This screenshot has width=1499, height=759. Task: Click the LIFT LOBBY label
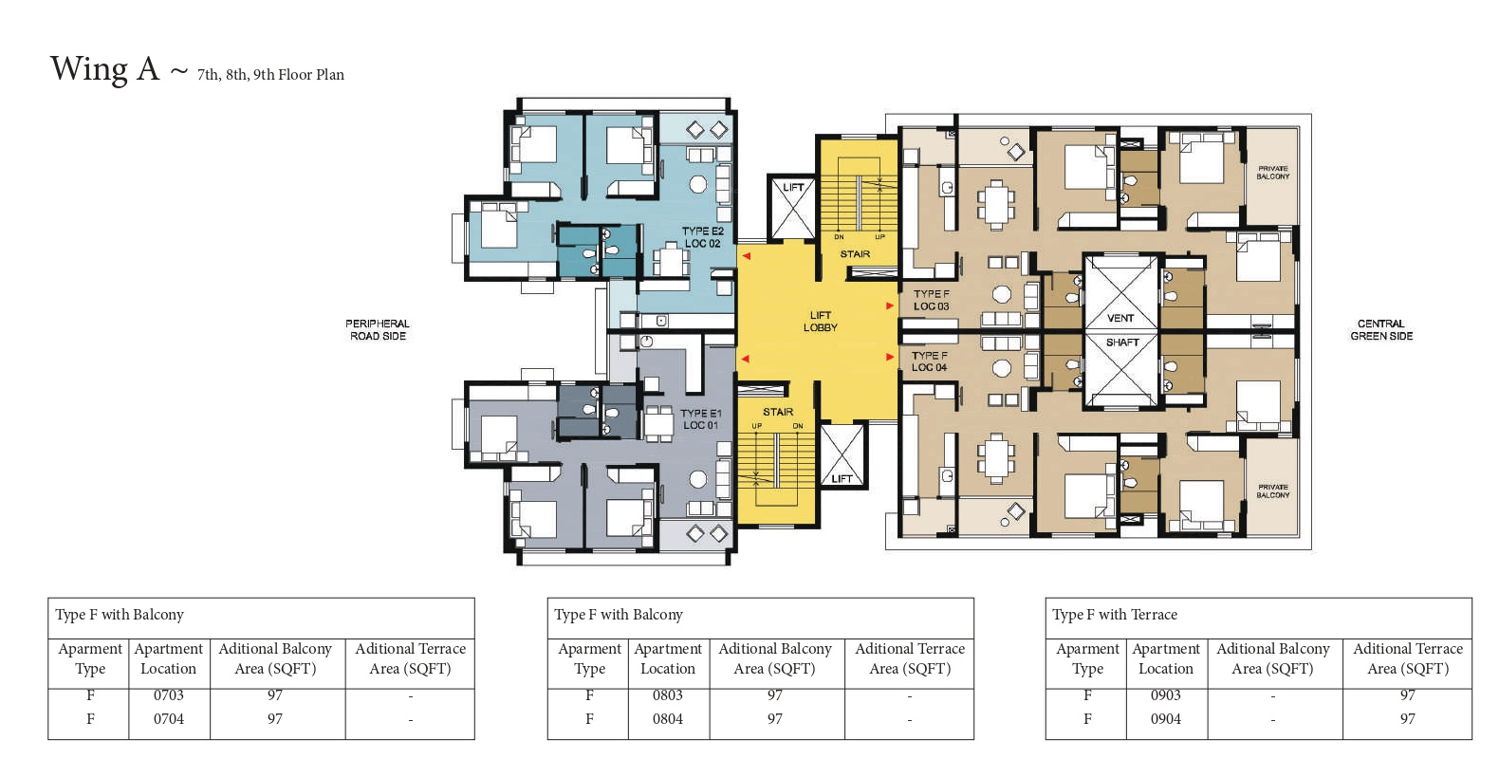click(821, 322)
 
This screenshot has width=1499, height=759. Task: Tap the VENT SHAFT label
click(1121, 330)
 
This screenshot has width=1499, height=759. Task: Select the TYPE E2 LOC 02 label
click(703, 237)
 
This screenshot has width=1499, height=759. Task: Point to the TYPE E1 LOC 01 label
click(701, 419)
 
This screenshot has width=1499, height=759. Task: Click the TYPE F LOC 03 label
click(932, 300)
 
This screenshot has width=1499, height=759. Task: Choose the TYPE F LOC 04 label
click(930, 361)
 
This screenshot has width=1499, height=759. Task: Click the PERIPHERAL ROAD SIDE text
click(378, 330)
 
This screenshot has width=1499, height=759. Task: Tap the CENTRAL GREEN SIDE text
click(1381, 330)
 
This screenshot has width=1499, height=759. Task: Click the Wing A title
click(105, 69)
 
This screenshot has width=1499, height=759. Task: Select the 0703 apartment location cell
click(169, 695)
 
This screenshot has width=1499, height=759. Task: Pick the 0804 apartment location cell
click(668, 719)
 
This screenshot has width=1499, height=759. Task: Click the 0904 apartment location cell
click(1166, 719)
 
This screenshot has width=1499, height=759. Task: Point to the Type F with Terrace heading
click(1115, 615)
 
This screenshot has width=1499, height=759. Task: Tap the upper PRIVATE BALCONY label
click(1273, 173)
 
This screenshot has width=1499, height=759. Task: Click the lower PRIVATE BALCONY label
click(1273, 491)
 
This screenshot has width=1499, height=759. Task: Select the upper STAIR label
click(855, 254)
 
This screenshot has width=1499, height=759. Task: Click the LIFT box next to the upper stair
click(793, 208)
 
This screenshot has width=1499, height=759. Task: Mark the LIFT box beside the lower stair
click(842, 455)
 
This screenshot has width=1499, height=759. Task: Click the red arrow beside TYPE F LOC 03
click(890, 305)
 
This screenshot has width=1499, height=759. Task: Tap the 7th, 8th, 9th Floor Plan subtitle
click(270, 74)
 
